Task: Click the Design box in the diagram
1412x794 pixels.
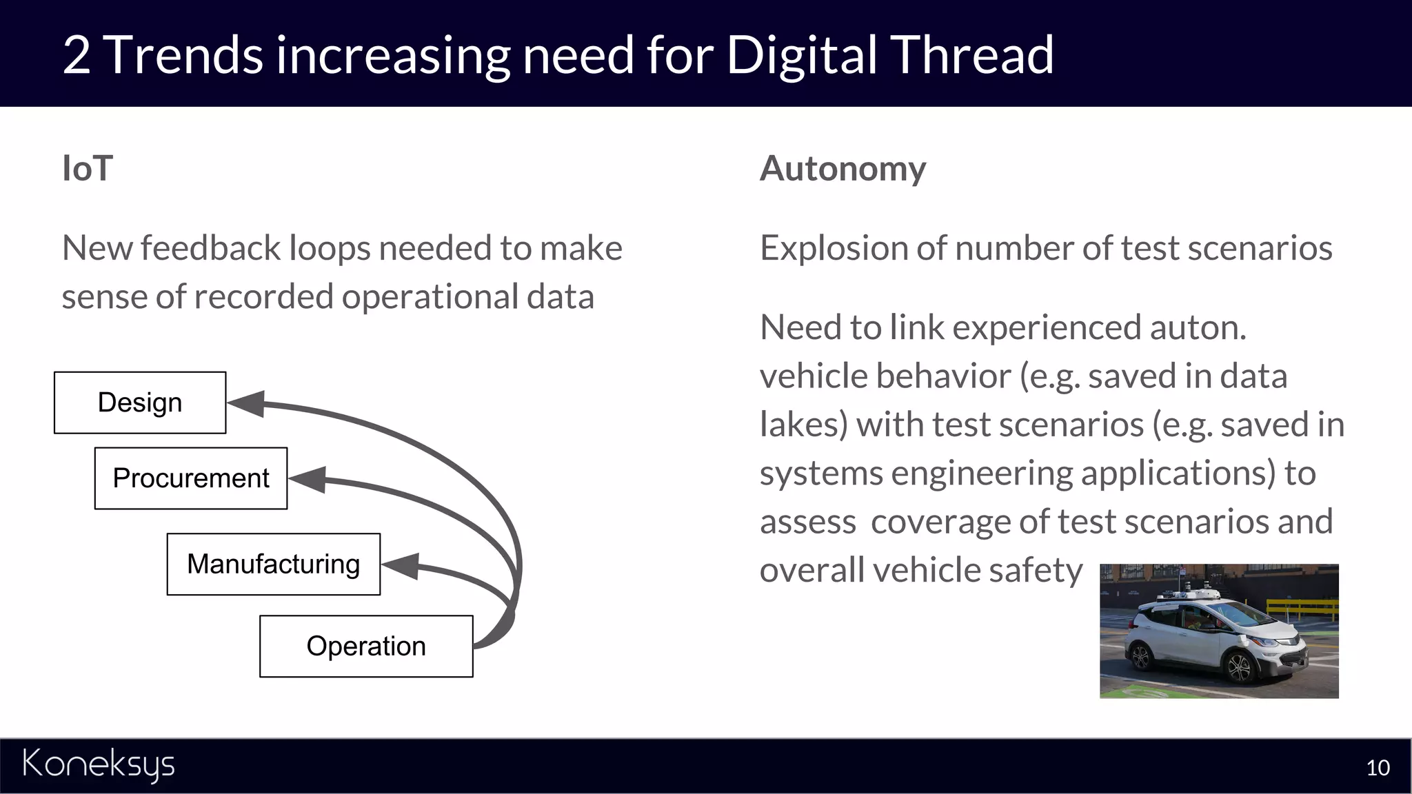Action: click(x=140, y=403)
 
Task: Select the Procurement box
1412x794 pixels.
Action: click(x=191, y=478)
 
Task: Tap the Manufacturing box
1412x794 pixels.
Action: click(x=273, y=564)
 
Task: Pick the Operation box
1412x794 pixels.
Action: click(x=366, y=646)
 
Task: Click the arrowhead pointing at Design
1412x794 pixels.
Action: click(x=248, y=403)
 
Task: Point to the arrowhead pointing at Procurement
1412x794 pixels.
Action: click(x=309, y=479)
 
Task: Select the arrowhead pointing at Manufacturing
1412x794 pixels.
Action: click(x=402, y=565)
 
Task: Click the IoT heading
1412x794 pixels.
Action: click(x=88, y=169)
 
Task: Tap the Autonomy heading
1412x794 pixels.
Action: click(x=843, y=169)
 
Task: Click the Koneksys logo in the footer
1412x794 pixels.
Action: click(x=99, y=765)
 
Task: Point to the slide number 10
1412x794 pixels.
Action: click(x=1378, y=768)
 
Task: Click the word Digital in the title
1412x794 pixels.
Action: click(x=800, y=55)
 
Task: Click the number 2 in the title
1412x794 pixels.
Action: click(x=76, y=55)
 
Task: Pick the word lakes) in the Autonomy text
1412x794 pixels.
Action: click(x=803, y=425)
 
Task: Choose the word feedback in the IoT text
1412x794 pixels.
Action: click(x=210, y=248)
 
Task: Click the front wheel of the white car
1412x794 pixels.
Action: click(x=1239, y=666)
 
